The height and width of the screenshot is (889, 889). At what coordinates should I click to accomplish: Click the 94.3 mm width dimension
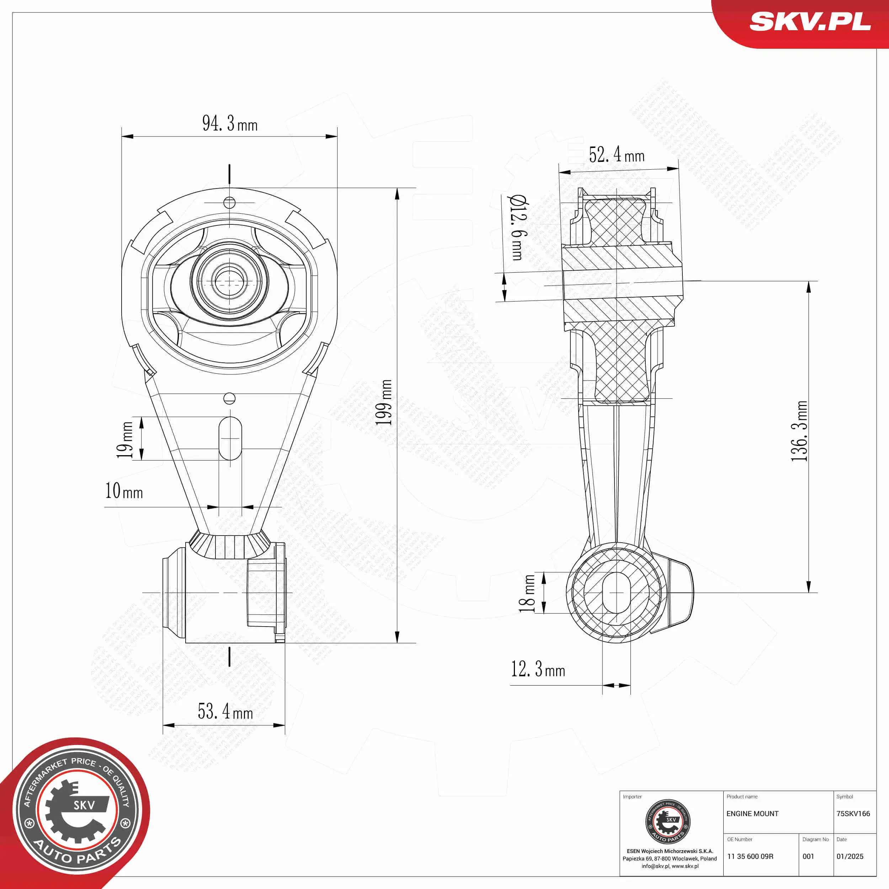[x=230, y=124]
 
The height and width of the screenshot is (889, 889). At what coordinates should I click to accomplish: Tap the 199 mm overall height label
[x=384, y=403]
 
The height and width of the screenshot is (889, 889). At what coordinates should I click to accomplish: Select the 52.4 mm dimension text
[x=616, y=155]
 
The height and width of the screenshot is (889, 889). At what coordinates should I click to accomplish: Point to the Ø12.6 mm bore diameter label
[x=517, y=227]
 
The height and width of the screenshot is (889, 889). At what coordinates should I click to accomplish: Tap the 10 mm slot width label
[x=124, y=491]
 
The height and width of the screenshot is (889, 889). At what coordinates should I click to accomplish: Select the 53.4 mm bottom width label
[x=225, y=712]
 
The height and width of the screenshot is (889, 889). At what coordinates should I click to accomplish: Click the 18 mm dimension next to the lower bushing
[x=527, y=593]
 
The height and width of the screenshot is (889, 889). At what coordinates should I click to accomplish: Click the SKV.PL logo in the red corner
[x=810, y=22]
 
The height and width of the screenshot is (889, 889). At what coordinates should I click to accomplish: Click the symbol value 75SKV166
[x=853, y=814]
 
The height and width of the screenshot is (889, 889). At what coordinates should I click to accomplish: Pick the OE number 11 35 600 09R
[x=750, y=856]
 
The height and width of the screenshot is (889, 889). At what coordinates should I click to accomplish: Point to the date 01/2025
[x=850, y=856]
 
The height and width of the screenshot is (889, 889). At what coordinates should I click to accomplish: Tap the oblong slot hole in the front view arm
[x=230, y=438]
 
